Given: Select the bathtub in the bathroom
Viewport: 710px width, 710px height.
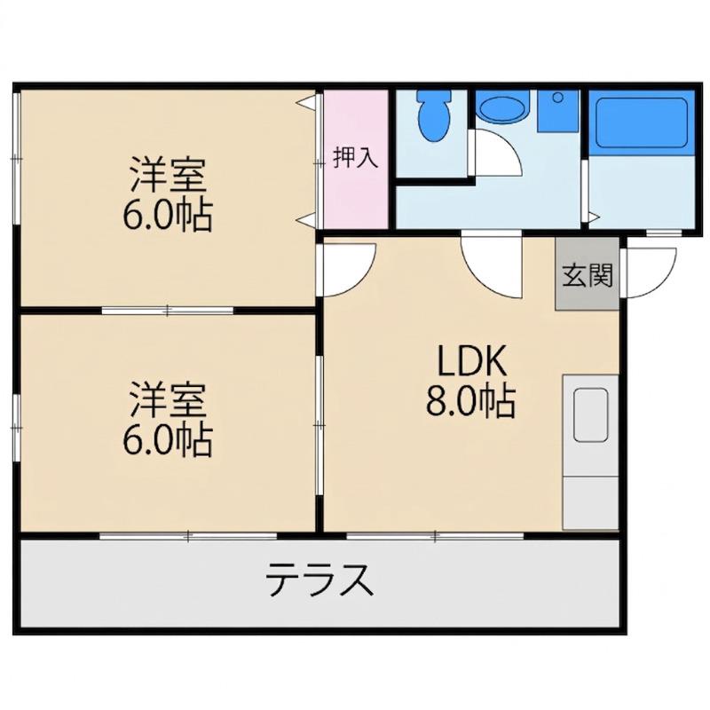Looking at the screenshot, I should point(641,122).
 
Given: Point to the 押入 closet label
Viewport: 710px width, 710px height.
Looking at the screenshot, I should point(355,158).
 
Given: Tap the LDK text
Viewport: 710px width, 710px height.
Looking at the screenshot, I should point(471,362).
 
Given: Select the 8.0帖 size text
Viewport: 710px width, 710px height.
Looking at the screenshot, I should point(471,405).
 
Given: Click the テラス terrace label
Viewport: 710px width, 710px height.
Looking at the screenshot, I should point(318,582).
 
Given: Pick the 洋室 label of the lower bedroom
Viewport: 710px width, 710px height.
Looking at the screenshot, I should point(169,399).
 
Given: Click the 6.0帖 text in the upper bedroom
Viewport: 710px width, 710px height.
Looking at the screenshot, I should point(169,216).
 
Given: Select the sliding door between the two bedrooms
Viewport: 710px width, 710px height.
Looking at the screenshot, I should point(168,310).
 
